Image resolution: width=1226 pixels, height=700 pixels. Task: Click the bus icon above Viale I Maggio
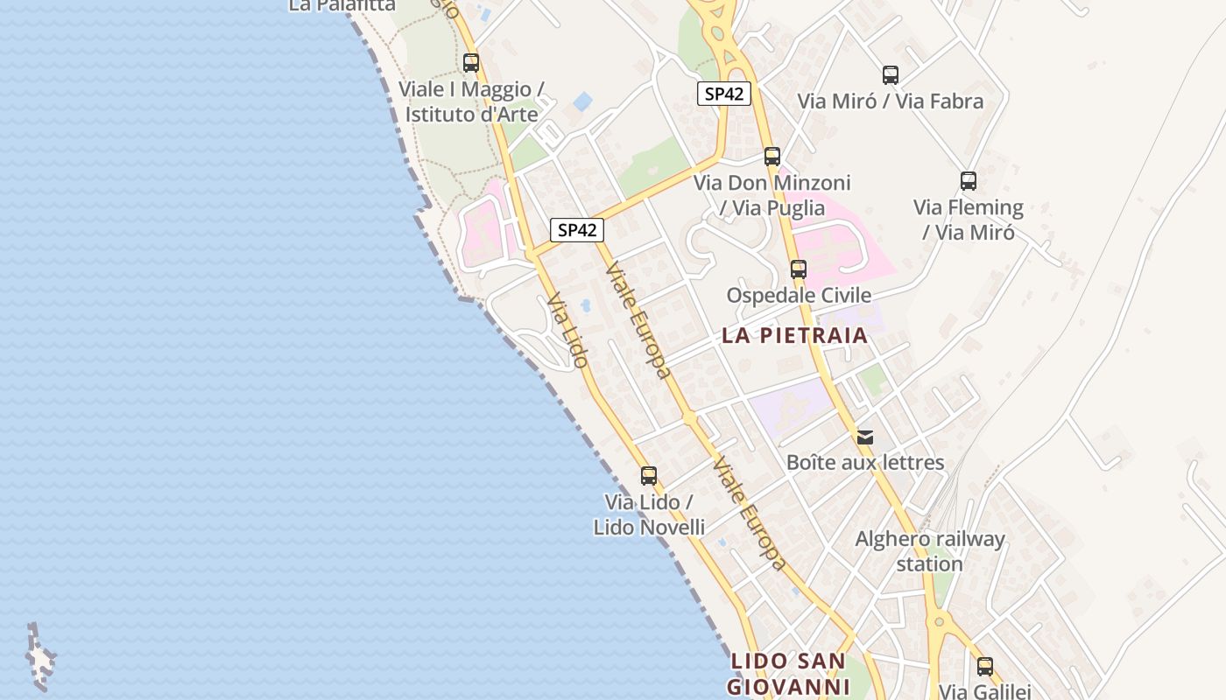pyautogui.click(x=471, y=63)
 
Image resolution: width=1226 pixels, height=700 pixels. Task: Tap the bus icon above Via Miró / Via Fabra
pyautogui.click(x=891, y=75)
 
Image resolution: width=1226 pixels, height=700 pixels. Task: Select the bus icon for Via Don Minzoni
pyautogui.click(x=772, y=157)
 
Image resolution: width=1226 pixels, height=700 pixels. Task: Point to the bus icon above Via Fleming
pyautogui.click(x=968, y=181)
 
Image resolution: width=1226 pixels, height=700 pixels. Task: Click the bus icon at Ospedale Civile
pyautogui.click(x=798, y=269)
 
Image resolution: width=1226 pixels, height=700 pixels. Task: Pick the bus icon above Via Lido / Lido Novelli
pyautogui.click(x=648, y=476)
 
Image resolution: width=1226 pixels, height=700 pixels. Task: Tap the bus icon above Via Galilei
pyautogui.click(x=985, y=667)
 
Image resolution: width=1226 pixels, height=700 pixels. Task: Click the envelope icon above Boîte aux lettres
pyautogui.click(x=865, y=437)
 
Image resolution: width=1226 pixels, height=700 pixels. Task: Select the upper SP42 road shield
pyautogui.click(x=724, y=94)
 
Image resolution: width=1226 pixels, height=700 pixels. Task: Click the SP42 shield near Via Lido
pyautogui.click(x=577, y=230)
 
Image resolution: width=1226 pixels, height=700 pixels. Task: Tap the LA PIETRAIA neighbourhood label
pyautogui.click(x=794, y=335)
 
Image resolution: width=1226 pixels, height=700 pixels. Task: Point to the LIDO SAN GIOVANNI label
pyautogui.click(x=788, y=674)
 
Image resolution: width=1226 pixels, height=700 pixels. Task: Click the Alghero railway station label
pyautogui.click(x=930, y=551)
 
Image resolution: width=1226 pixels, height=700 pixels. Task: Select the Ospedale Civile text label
pyautogui.click(x=799, y=295)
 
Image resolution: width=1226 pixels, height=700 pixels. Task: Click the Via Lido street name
pyautogui.click(x=567, y=330)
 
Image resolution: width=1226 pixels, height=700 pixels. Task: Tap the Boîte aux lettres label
pyautogui.click(x=865, y=462)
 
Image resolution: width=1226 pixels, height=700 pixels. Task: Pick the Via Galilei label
pyautogui.click(x=985, y=691)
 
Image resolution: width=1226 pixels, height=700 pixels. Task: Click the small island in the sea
pyautogui.click(x=39, y=658)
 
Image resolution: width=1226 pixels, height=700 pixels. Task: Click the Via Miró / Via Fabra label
pyautogui.click(x=890, y=101)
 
